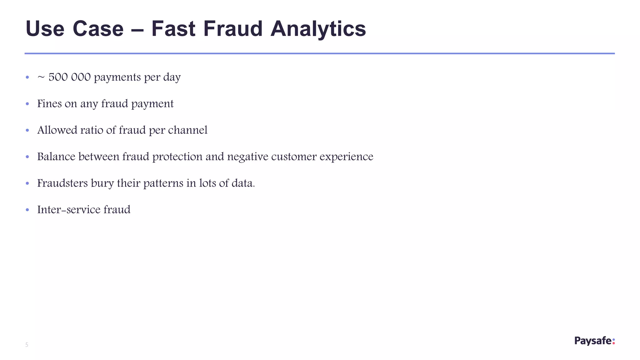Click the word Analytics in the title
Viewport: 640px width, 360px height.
point(318,29)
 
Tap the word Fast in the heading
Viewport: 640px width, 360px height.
point(173,29)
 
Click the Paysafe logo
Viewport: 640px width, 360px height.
point(594,341)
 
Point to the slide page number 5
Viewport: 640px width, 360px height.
point(27,345)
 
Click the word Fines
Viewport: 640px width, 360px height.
point(49,103)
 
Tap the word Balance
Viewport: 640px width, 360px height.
point(56,157)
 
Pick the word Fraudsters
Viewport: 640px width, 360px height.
point(62,183)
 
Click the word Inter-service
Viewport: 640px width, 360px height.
point(69,209)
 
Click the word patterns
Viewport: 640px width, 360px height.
point(163,183)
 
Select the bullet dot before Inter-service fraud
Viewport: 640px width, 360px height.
point(27,210)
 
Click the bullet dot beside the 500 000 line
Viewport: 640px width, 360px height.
point(27,77)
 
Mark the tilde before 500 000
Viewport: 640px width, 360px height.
point(41,77)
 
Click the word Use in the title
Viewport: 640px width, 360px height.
point(45,29)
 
